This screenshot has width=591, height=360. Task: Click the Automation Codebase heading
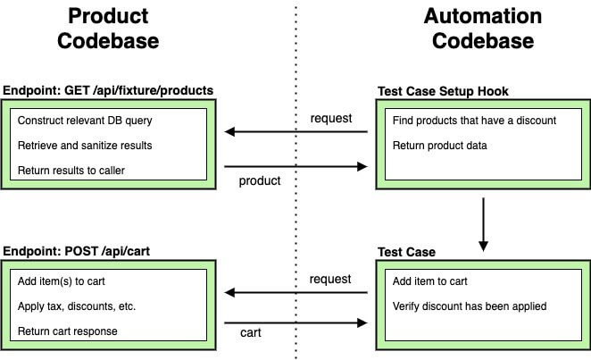click(x=482, y=29)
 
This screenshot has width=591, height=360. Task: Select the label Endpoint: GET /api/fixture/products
click(x=108, y=91)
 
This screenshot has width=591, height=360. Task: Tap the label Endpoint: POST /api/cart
click(x=77, y=252)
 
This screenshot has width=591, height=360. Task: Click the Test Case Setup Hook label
click(x=444, y=91)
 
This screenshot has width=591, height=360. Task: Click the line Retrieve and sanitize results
click(x=85, y=146)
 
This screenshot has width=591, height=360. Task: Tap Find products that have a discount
click(x=474, y=121)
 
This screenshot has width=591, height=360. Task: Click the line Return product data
click(x=440, y=146)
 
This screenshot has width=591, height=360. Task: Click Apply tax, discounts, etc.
click(x=76, y=306)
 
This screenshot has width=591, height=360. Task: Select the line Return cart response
click(x=67, y=331)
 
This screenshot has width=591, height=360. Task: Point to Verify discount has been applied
click(x=470, y=306)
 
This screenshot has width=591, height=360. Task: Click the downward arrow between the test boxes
click(x=483, y=222)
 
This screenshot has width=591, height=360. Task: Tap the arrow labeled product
click(x=295, y=165)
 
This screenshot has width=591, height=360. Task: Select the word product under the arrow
click(x=259, y=181)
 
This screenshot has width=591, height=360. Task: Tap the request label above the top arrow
click(x=330, y=118)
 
